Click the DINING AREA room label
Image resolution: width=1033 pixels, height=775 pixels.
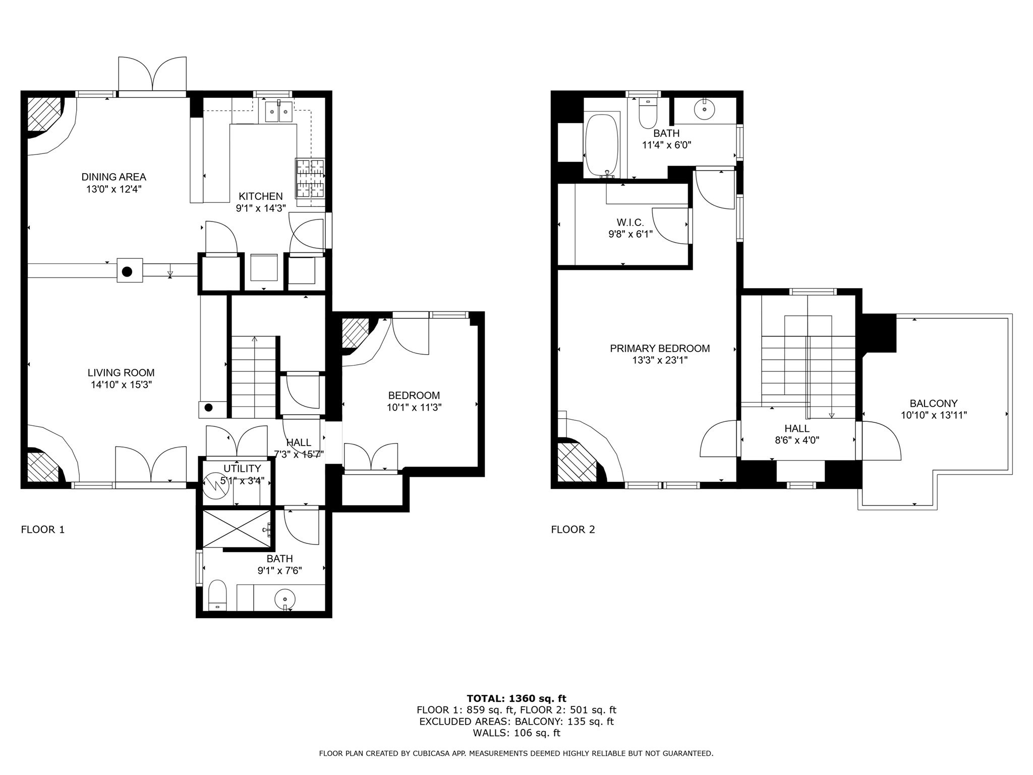pyautogui.click(x=114, y=177)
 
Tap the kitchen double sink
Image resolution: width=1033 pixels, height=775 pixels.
pyautogui.click(x=278, y=111)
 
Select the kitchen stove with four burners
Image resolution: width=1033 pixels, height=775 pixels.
pyautogui.click(x=310, y=178)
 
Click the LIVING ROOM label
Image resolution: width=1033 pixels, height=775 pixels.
pyautogui.click(x=121, y=373)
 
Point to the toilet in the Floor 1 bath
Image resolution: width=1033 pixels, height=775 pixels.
pyautogui.click(x=217, y=595)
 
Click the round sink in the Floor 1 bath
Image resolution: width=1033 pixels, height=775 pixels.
pyautogui.click(x=285, y=600)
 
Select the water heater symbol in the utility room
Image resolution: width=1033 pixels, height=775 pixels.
pyautogui.click(x=215, y=486)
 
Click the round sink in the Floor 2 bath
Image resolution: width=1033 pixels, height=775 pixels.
pyautogui.click(x=705, y=109)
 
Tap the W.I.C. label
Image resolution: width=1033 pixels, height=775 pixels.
pyautogui.click(x=630, y=223)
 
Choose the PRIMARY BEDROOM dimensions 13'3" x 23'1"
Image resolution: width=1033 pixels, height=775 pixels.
pyautogui.click(x=660, y=360)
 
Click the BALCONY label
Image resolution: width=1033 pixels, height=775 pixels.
pyautogui.click(x=934, y=404)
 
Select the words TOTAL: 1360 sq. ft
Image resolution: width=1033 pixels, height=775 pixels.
pyautogui.click(x=516, y=699)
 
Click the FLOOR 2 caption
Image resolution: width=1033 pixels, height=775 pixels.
pyautogui.click(x=573, y=530)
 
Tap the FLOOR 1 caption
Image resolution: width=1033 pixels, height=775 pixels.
pyautogui.click(x=43, y=530)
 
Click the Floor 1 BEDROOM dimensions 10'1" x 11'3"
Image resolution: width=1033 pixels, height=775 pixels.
pyautogui.click(x=414, y=408)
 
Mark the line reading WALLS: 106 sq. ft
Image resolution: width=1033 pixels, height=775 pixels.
pyautogui.click(x=516, y=733)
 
